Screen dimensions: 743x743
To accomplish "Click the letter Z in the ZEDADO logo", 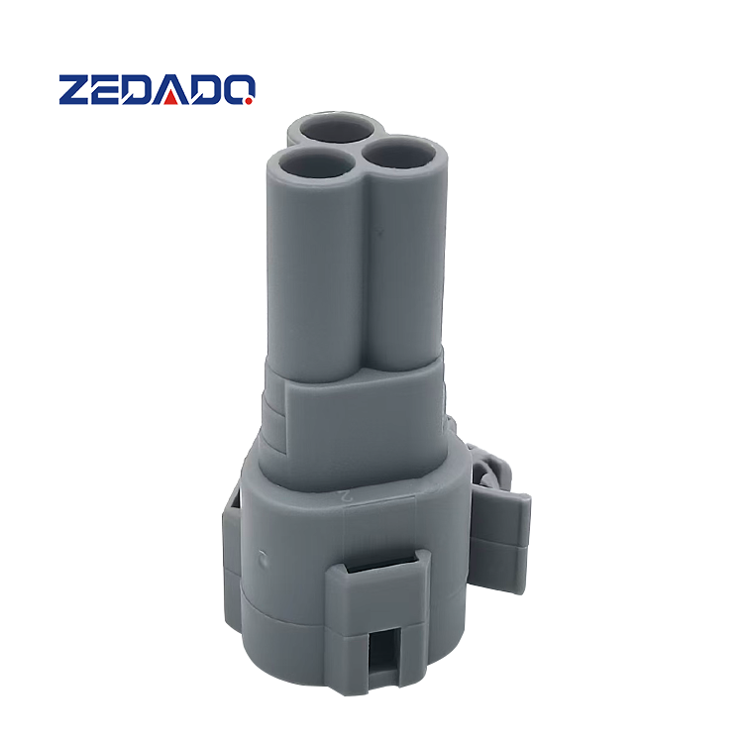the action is click(x=74, y=89).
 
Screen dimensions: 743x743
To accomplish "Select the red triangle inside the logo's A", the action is click(x=171, y=98).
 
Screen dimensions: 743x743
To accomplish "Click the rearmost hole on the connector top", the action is click(x=337, y=128).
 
